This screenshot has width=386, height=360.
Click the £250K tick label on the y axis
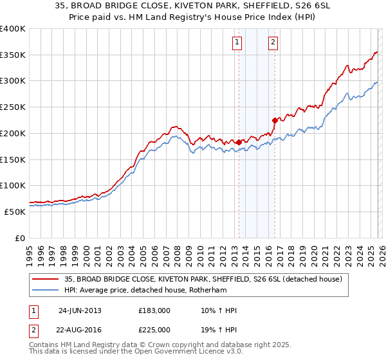point(13,107)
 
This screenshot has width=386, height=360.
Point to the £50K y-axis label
point(15,212)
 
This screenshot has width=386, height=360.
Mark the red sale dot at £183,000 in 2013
point(239,142)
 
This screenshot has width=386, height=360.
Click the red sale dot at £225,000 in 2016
point(275,120)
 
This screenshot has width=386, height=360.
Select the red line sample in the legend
point(46,279)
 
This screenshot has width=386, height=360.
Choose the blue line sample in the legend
point(46,290)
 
